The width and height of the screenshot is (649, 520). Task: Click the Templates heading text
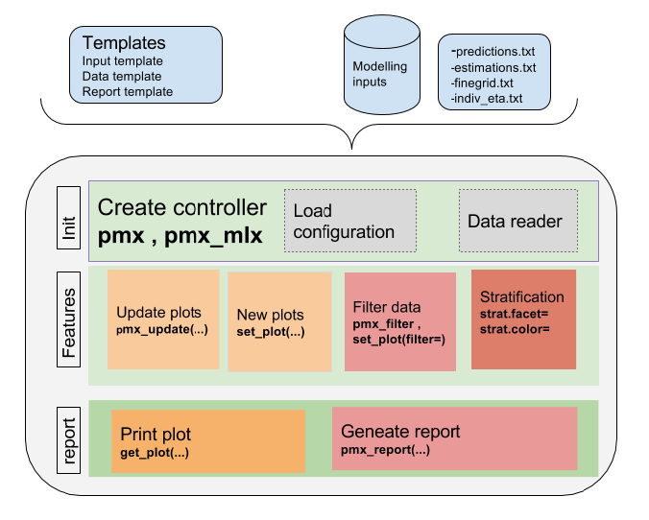(124, 43)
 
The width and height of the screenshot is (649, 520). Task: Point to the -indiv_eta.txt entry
(486, 98)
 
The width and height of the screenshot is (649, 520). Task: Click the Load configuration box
(350, 222)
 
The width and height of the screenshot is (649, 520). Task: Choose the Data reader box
(518, 222)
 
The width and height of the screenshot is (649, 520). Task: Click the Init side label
(67, 221)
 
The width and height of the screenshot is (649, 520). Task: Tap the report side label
(67, 437)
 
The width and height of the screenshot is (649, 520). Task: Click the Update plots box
(163, 319)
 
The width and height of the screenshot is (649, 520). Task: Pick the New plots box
(279, 321)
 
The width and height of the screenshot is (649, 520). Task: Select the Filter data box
(399, 321)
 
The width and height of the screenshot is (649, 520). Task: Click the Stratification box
(523, 318)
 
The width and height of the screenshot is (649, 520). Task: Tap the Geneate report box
(454, 438)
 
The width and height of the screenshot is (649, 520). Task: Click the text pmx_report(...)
(385, 450)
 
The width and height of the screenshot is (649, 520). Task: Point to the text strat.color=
(515, 329)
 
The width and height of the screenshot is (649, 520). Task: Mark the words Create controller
(182, 207)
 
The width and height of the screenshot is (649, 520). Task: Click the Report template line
(128, 92)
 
